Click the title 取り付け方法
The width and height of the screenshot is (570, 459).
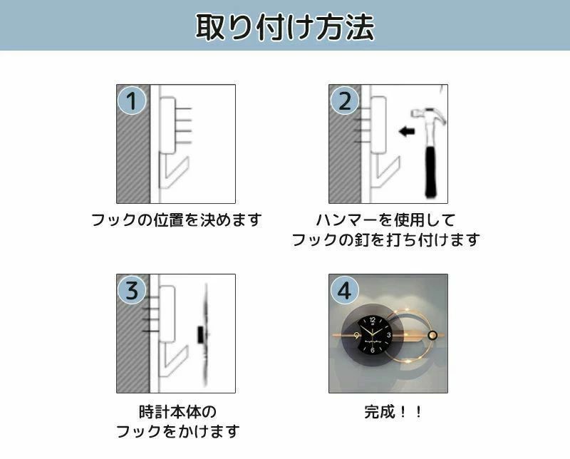pyautogui.click(x=285, y=27)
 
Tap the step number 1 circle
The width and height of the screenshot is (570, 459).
pyautogui.click(x=132, y=100)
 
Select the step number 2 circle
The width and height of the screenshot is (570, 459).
pyautogui.click(x=344, y=100)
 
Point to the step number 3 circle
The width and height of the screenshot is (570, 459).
pyautogui.click(x=132, y=290)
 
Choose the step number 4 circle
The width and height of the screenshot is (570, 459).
pyautogui.click(x=344, y=290)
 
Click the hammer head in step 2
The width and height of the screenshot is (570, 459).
pyautogui.click(x=429, y=114)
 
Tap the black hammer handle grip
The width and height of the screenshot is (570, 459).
pyautogui.click(x=432, y=172)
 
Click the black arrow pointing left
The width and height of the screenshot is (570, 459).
pyautogui.click(x=407, y=131)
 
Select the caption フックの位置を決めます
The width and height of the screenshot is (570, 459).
pyautogui.click(x=176, y=220)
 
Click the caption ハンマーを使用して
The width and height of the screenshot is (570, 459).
pyautogui.click(x=386, y=220)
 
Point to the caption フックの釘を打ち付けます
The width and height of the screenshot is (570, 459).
pyautogui.click(x=386, y=239)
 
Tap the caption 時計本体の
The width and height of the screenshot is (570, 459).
pyautogui.click(x=177, y=412)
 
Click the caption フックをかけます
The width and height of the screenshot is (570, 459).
pyautogui.click(x=177, y=431)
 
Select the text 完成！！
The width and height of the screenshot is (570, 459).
pyautogui.click(x=393, y=412)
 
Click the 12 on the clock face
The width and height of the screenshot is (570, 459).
pyautogui.click(x=372, y=320)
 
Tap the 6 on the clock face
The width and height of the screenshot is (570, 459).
pyautogui.click(x=373, y=350)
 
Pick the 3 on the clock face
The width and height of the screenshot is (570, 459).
pyautogui.click(x=388, y=335)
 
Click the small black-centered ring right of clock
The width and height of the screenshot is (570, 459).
pyautogui.click(x=432, y=335)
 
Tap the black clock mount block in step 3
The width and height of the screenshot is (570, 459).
pyautogui.click(x=200, y=334)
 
